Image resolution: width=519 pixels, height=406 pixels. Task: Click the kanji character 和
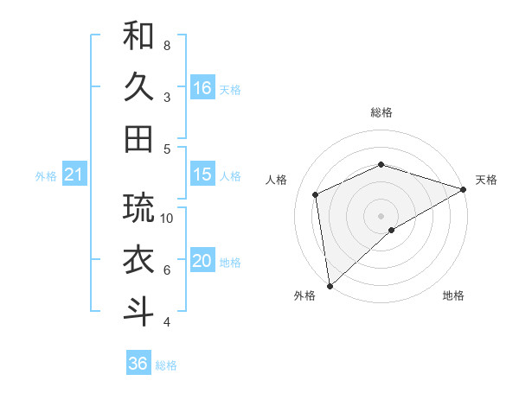tap(138, 36)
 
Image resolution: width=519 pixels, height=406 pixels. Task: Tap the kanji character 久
tap(138, 87)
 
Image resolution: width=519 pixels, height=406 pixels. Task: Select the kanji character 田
tap(138, 138)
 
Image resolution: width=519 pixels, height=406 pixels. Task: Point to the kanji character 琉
tap(138, 208)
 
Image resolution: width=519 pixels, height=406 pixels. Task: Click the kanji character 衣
tap(138, 259)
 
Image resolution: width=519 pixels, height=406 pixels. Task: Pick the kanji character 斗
tap(138, 311)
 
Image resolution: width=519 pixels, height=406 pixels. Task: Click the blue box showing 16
tap(202, 87)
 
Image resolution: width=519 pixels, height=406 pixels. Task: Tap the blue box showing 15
tap(202, 174)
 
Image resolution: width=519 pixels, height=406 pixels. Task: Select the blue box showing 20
tap(202, 261)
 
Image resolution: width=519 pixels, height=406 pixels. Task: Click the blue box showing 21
tap(74, 175)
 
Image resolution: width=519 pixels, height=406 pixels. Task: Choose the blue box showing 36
tap(138, 364)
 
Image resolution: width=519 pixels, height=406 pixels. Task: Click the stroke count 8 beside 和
tap(167, 45)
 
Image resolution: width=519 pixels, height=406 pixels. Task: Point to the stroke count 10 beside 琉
tap(168, 218)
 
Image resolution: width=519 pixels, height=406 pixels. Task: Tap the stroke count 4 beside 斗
tap(167, 322)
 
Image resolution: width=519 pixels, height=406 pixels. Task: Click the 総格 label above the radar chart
tap(381, 112)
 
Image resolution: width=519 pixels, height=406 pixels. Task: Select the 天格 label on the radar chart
tap(486, 180)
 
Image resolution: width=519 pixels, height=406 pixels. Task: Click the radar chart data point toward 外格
tap(330, 285)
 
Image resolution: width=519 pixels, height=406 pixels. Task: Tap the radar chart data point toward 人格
tap(316, 194)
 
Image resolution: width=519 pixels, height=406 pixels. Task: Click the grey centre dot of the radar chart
tap(381, 215)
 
